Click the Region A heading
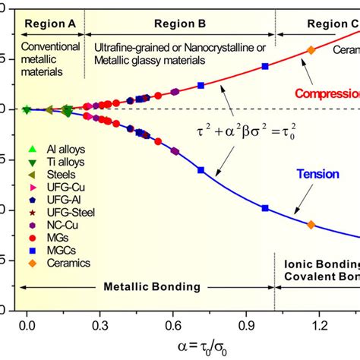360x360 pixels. (x=50, y=24)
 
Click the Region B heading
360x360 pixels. (x=180, y=24)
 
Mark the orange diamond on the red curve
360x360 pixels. (x=310, y=50)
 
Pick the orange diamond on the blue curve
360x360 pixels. (x=311, y=225)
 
